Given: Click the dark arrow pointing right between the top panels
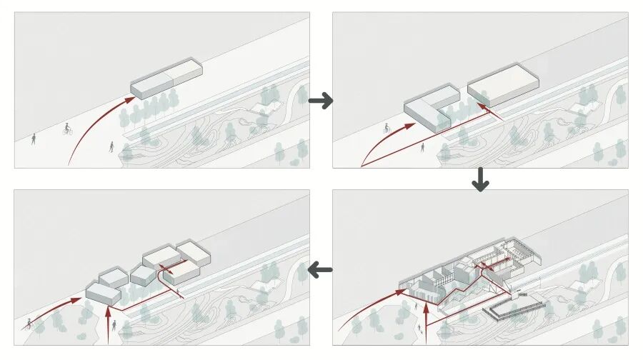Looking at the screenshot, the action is pos(321,101).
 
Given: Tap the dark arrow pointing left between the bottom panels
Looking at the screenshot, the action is pos(321,270).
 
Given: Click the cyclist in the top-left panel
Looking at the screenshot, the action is pos(67,129).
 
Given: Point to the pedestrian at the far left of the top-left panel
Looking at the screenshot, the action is pos(33,139).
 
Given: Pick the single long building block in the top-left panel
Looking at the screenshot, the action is pos(166,80).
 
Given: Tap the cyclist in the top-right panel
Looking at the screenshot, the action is pos(387,129).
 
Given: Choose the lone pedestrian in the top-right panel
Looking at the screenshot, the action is pos(423,147).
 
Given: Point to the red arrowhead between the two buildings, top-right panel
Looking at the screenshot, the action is pos(482,106).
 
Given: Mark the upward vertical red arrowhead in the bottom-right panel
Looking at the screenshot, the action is pos(426,308).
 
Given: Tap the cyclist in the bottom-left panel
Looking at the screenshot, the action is pos(30,323).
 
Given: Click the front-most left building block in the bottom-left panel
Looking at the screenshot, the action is pos(103,293).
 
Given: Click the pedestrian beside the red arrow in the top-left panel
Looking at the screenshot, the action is pos(112,146).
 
